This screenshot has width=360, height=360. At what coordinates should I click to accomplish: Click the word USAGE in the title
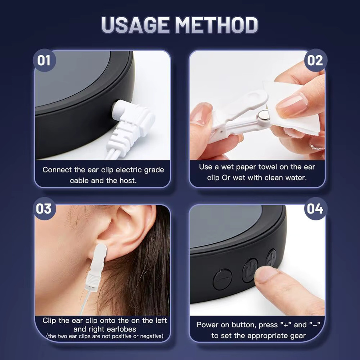point(135,25)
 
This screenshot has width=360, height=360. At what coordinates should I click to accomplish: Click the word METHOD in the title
point(216,25)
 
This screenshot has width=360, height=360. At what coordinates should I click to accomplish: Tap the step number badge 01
point(44,60)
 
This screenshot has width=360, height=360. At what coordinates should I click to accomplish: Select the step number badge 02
point(315,60)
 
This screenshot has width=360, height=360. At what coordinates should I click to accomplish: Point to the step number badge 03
point(44,208)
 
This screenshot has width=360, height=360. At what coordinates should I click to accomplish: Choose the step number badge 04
point(315,208)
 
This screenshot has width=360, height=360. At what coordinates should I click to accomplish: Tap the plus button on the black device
point(271,258)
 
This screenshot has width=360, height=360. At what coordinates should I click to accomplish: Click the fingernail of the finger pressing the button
point(266,274)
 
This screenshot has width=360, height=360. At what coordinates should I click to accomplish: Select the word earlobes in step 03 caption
point(122,329)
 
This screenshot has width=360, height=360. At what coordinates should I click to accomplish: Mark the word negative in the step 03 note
point(151,336)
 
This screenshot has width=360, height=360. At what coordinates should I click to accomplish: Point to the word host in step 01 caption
point(128,180)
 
